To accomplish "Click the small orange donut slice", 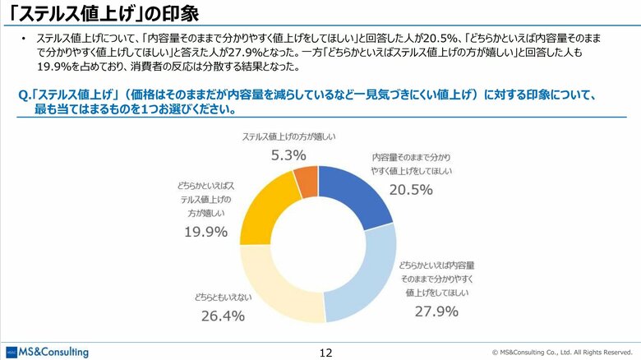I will pyautogui.click(x=306, y=181).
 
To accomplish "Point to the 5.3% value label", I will pyautogui.click(x=288, y=155).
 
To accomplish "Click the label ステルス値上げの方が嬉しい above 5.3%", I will pyautogui.click(x=290, y=136).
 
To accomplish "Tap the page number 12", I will pyautogui.click(x=325, y=352).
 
